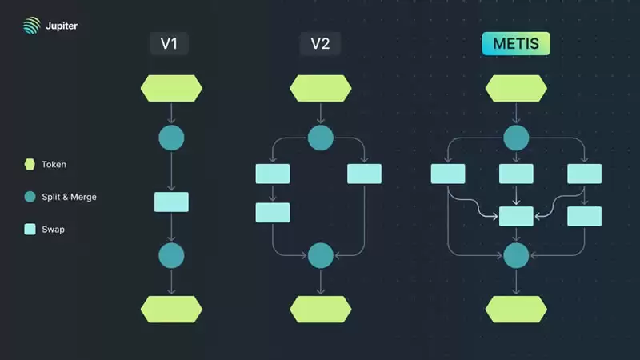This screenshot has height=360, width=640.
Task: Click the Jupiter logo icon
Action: [30, 26]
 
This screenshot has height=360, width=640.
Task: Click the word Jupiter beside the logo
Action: [59, 26]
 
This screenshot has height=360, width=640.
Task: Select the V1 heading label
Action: [169, 44]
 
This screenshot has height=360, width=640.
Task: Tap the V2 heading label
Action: [320, 44]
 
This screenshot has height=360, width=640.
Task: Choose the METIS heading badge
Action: [516, 44]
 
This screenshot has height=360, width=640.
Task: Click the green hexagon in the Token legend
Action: [30, 164]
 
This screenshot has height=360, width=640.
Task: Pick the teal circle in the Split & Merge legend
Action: [30, 197]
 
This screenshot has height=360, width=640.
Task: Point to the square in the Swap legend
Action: [30, 229]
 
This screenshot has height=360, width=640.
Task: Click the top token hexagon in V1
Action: [171, 88]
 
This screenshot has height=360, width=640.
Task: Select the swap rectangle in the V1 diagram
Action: [171, 202]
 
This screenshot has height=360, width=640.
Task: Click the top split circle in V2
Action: [320, 138]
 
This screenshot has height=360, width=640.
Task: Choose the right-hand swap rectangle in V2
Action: [364, 174]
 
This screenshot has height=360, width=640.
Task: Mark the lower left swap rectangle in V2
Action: [273, 212]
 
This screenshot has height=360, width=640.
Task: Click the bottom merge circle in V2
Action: [320, 255]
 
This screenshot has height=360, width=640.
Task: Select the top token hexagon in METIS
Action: [516, 88]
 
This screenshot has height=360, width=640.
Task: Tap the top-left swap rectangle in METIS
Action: [448, 174]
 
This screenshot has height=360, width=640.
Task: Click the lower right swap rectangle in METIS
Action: [584, 216]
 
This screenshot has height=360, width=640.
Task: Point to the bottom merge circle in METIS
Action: [516, 255]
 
